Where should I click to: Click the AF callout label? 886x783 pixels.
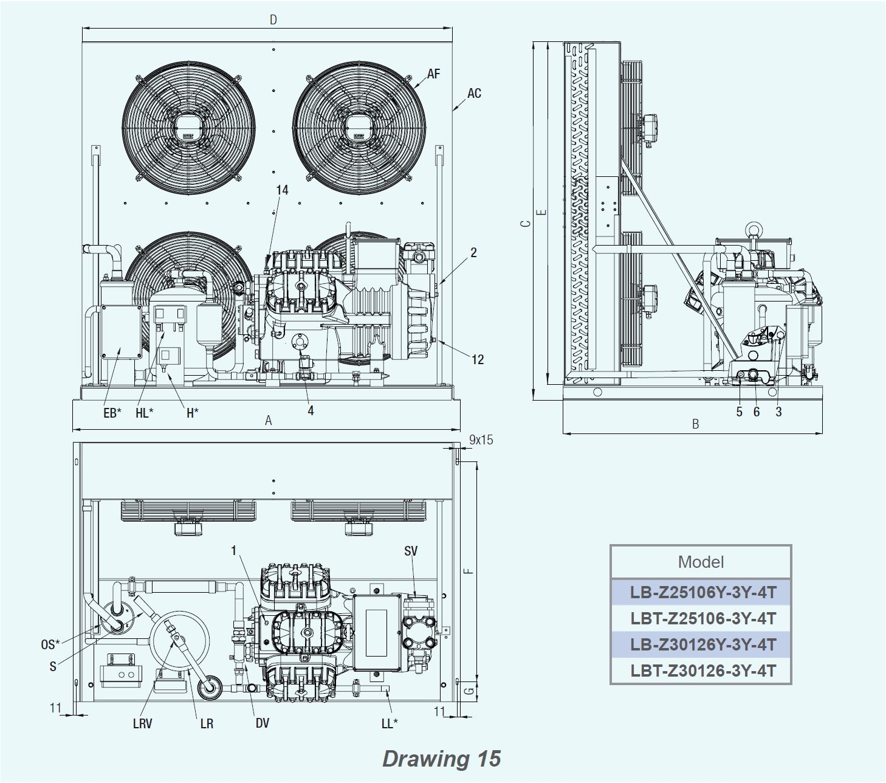click(x=433, y=74)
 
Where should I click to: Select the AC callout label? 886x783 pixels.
click(x=474, y=93)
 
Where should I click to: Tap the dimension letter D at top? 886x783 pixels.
click(x=273, y=20)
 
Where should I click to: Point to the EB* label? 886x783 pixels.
click(x=112, y=413)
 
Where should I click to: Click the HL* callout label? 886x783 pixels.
click(x=145, y=413)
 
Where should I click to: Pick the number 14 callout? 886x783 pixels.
click(x=282, y=190)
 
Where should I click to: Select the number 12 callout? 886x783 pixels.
click(x=478, y=359)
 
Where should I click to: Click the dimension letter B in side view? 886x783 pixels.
click(x=696, y=424)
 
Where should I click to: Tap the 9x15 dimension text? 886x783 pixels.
click(x=481, y=440)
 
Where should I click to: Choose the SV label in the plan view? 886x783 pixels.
click(x=411, y=551)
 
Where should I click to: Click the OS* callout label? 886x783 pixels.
click(x=50, y=644)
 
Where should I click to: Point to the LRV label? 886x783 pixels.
click(x=142, y=723)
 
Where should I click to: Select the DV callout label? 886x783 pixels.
click(x=262, y=723)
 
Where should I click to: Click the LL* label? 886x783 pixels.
click(x=390, y=723)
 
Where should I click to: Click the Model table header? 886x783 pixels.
click(x=701, y=562)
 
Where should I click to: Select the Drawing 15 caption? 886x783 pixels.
click(x=442, y=758)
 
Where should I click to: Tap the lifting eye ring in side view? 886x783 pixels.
click(x=754, y=230)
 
